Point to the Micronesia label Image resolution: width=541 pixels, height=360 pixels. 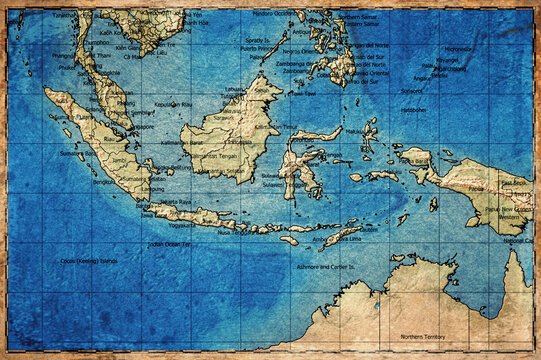click(460, 48)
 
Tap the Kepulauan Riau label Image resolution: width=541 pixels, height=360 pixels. click(174, 104)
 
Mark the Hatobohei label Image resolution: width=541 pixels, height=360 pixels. click(412, 110)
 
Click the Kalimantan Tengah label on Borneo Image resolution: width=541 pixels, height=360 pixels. click(214, 155)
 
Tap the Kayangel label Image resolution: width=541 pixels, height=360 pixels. click(448, 60)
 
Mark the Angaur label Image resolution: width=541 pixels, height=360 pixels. click(424, 78)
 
